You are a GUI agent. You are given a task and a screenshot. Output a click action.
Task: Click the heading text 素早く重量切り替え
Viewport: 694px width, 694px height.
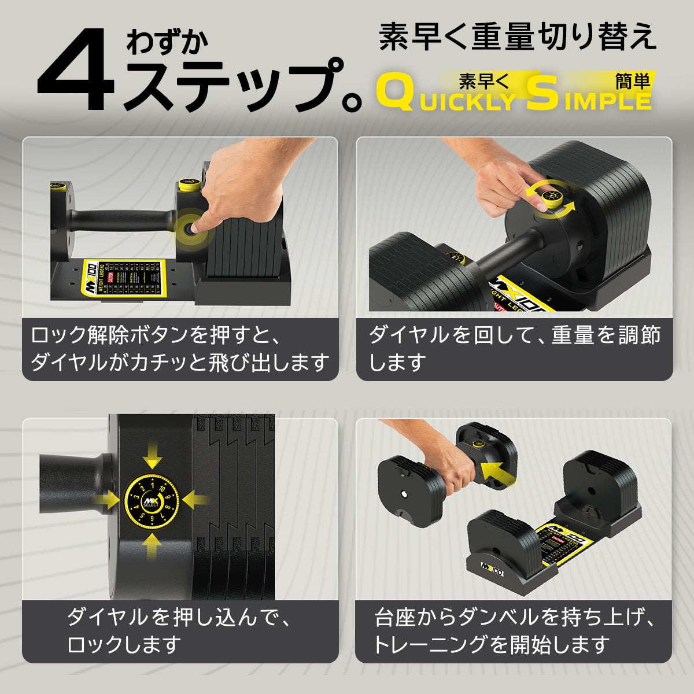[518, 36]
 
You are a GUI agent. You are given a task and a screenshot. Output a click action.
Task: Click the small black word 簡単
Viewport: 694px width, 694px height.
[633, 80]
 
